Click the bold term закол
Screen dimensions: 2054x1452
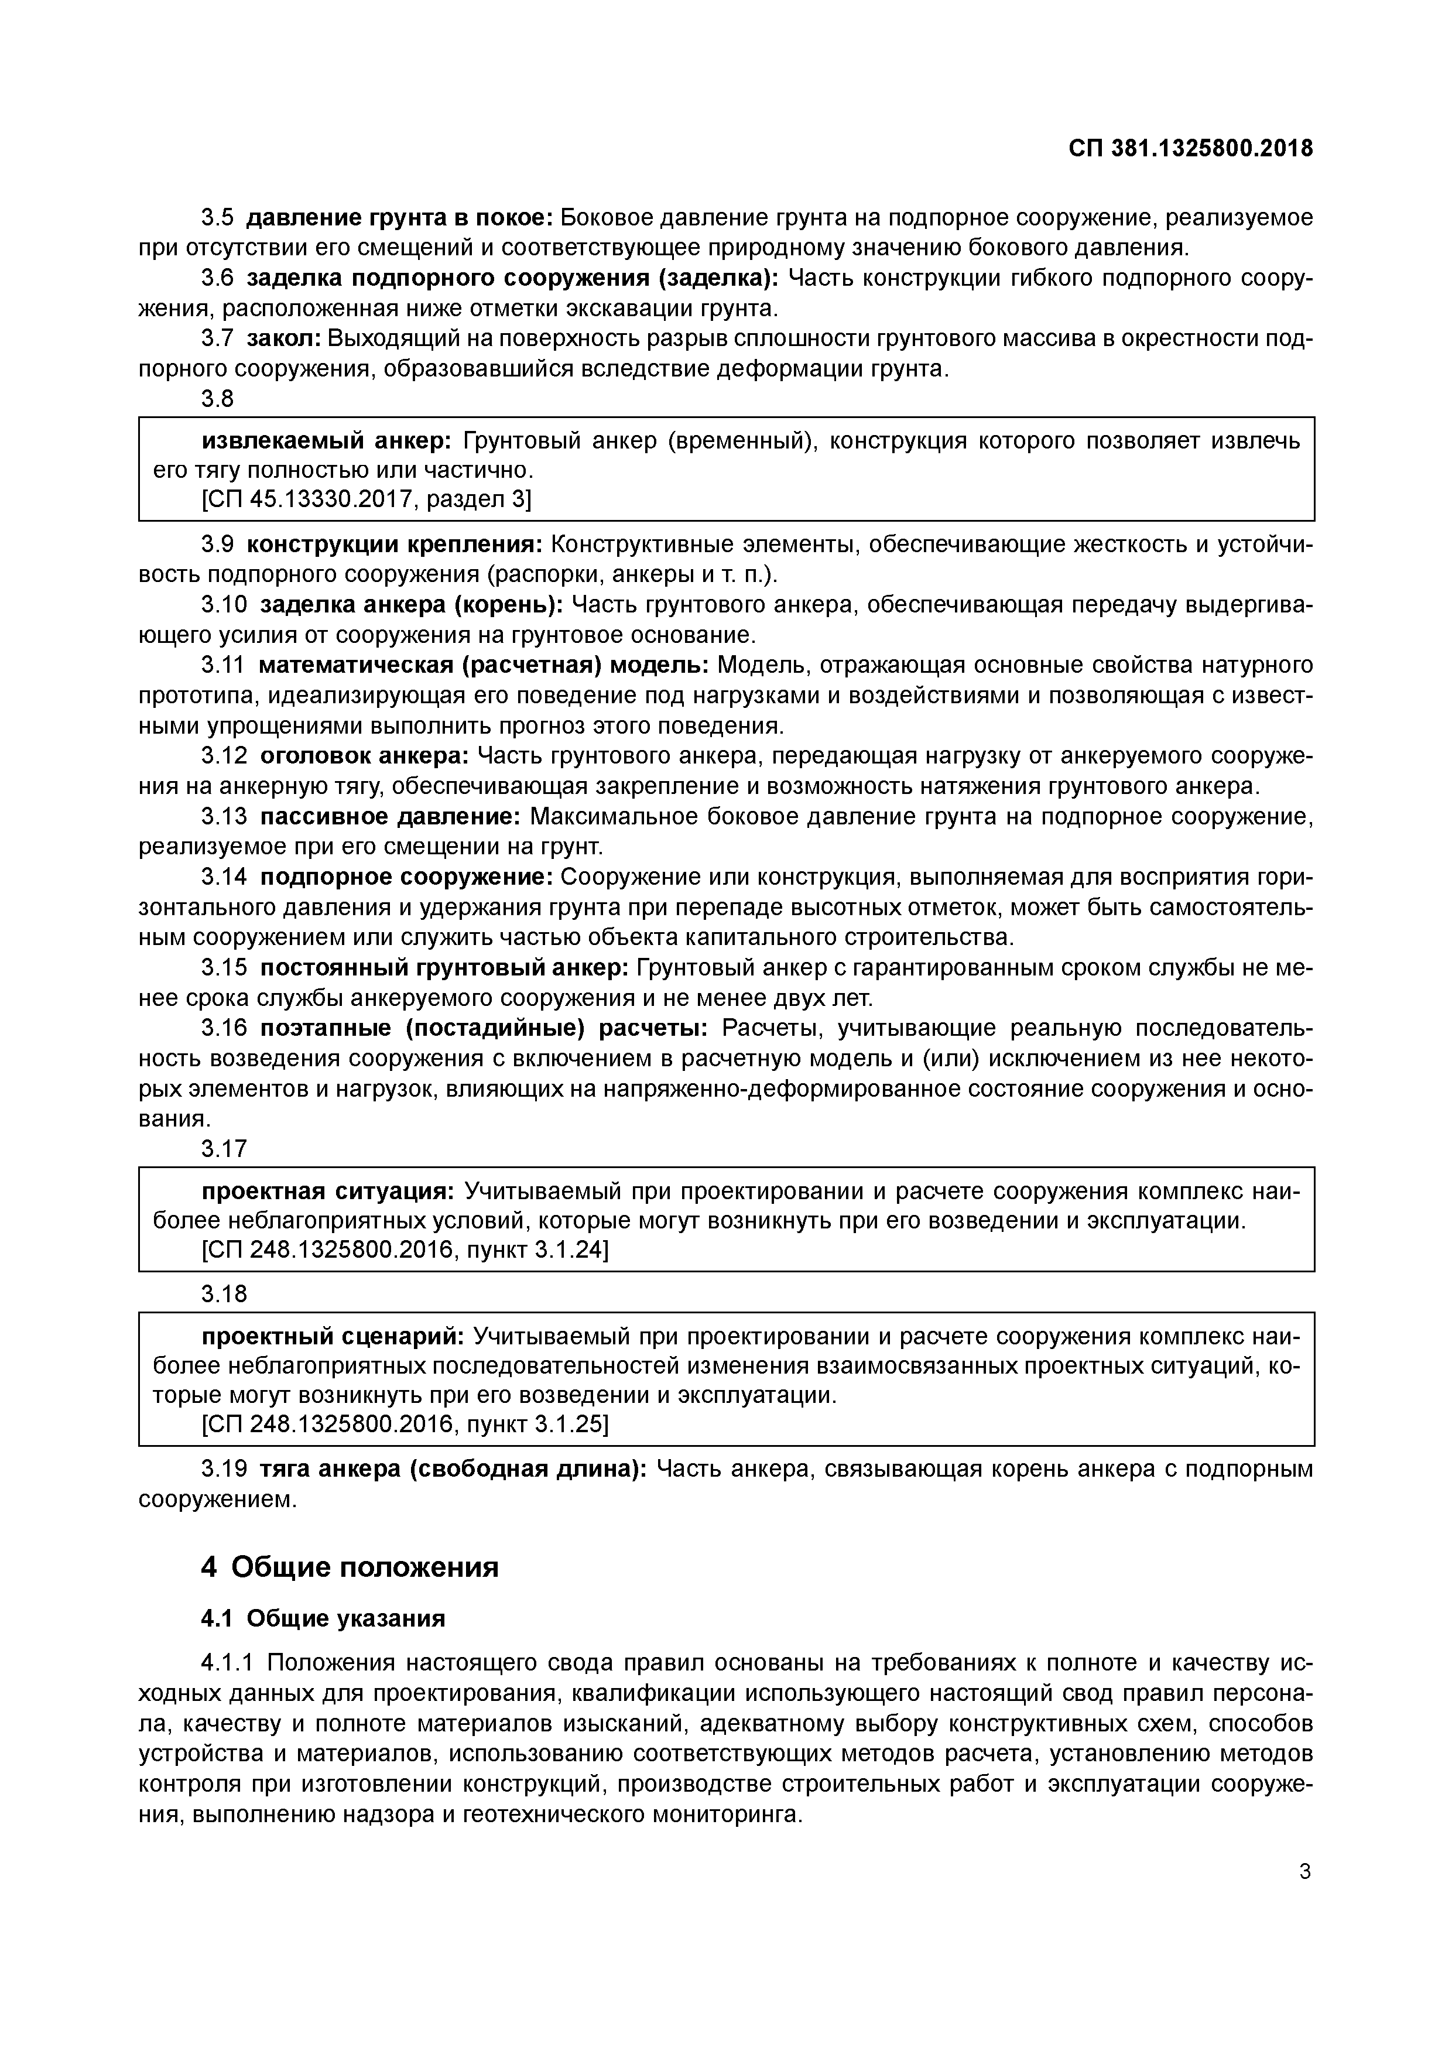point(283,339)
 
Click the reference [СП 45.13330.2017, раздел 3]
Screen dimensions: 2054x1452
point(366,499)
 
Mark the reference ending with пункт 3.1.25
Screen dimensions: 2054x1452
point(405,1424)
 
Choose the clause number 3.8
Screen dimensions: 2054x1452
point(217,399)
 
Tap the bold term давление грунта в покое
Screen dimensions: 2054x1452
point(400,218)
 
